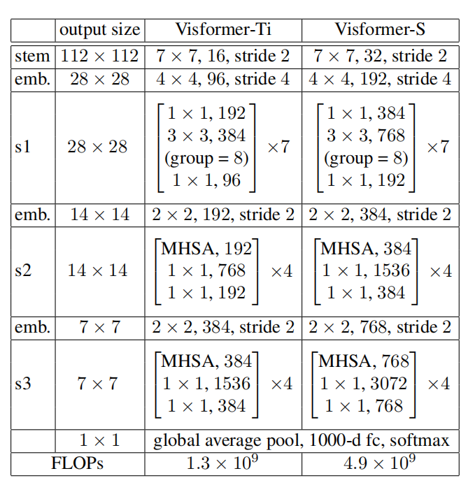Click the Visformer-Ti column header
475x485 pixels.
point(222,30)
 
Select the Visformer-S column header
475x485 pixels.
point(380,30)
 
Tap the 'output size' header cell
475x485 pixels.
point(99,30)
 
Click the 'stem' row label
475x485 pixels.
point(32,56)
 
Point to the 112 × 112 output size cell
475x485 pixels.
point(99,56)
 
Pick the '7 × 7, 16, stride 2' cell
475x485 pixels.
point(222,56)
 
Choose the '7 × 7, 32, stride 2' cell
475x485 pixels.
point(380,56)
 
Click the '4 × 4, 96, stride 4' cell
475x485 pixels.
point(222,79)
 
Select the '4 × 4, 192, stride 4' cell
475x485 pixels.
point(380,79)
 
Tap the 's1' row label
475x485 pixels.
point(22,147)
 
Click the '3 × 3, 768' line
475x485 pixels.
point(366,135)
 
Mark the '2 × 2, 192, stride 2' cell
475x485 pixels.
point(222,215)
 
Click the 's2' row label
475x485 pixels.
point(22,270)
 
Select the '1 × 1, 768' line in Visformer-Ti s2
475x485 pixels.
point(206,270)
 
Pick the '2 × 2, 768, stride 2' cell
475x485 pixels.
point(380,327)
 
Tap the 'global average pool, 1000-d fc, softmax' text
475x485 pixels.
point(301,441)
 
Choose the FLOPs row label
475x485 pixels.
point(77,463)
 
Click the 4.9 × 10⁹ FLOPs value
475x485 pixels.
point(380,462)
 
